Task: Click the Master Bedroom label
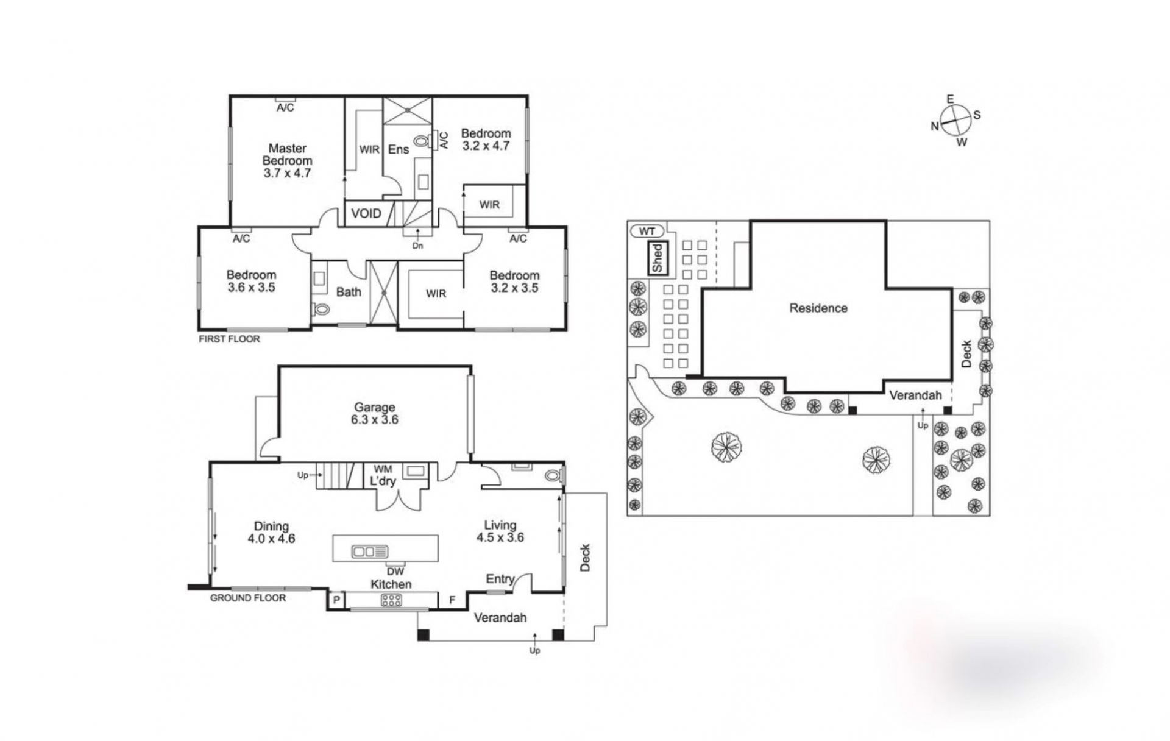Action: coord(287,160)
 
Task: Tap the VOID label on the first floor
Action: coord(366,213)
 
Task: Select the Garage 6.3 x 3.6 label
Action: coord(375,413)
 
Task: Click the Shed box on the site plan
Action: coord(658,258)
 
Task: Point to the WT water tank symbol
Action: coord(647,232)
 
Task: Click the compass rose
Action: coord(954,120)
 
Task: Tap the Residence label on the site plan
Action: coord(818,308)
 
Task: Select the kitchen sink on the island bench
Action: coord(369,551)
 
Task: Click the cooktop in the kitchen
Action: coord(391,600)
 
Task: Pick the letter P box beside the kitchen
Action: coord(336,600)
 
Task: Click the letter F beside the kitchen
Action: coord(452,600)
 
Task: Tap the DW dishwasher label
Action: coord(395,572)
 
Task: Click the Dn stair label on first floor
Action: coord(417,246)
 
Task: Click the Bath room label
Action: coord(349,292)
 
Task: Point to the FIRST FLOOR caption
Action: coord(229,339)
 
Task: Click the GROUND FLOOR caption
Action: coord(248,598)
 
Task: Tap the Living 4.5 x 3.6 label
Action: coord(500,531)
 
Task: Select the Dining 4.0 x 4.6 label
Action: coord(271,532)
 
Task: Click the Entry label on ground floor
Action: coord(500,579)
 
